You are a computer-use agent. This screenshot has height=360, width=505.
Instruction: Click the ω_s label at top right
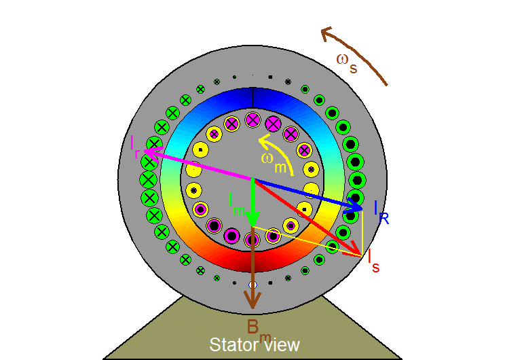click(x=346, y=62)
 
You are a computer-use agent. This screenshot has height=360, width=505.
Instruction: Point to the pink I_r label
click(x=136, y=145)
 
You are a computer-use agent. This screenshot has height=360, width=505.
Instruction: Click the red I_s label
click(x=373, y=261)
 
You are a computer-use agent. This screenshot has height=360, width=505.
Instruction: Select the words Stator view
click(x=254, y=345)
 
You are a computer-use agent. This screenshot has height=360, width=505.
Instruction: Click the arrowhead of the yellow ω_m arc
click(x=261, y=142)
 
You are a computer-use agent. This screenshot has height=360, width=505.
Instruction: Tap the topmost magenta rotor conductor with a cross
click(x=252, y=120)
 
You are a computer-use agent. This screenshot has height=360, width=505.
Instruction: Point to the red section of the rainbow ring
click(x=252, y=260)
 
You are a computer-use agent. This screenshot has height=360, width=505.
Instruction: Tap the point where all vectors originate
click(x=252, y=179)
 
